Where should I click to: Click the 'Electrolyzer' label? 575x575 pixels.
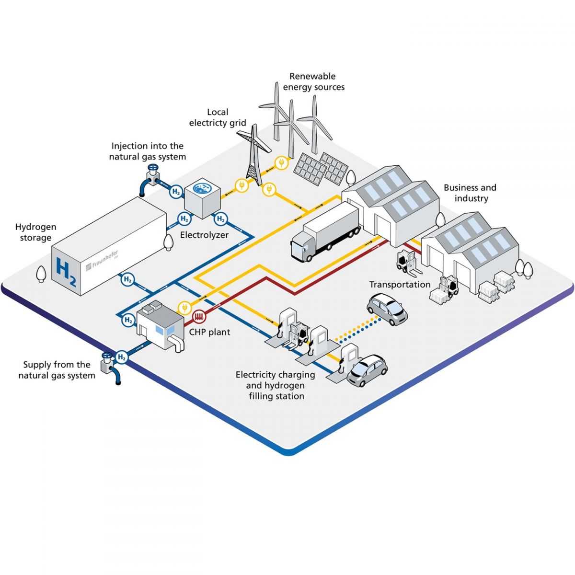point(204,235)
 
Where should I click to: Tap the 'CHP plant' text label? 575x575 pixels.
point(209,332)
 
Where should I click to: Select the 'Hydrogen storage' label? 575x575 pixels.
point(35,232)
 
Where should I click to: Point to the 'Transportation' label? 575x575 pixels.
point(400,284)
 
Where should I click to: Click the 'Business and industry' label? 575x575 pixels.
point(470,193)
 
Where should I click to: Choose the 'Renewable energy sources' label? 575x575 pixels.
point(313,81)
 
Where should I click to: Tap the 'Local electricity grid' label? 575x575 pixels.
point(218,117)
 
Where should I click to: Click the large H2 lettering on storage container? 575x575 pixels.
point(66,272)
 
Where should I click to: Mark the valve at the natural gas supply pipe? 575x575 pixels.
point(107,357)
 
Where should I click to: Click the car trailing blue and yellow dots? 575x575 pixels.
point(387,309)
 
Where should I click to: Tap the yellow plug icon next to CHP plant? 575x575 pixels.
point(183,307)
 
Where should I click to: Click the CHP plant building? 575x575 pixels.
point(160,323)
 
